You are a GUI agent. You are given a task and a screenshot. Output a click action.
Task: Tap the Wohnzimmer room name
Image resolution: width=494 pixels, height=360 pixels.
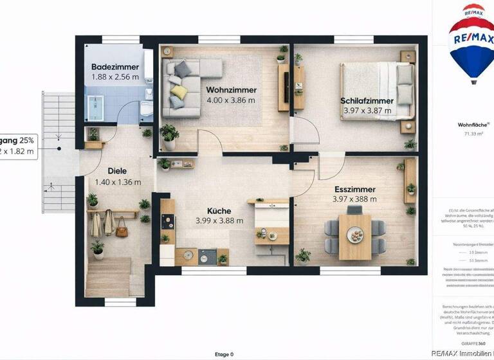tap(231, 90)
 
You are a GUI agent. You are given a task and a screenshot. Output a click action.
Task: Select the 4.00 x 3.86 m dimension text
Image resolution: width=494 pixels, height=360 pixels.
tap(231, 100)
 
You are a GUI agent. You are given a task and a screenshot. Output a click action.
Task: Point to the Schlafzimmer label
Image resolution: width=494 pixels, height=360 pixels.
tap(367, 100)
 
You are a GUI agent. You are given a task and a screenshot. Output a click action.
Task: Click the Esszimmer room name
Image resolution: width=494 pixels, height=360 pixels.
tap(354, 189)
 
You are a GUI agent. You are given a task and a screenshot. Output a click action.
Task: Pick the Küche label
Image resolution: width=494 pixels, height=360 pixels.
tap(219, 211)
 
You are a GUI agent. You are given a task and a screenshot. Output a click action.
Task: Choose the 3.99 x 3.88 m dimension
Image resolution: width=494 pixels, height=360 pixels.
tap(219, 221)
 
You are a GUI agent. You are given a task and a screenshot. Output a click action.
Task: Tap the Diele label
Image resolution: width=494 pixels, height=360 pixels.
tap(117, 172)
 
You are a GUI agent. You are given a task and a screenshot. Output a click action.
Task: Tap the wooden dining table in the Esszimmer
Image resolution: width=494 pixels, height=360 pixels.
tap(354, 235)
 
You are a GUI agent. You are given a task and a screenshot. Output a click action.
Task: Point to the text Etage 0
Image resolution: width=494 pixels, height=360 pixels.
tap(224, 354)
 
